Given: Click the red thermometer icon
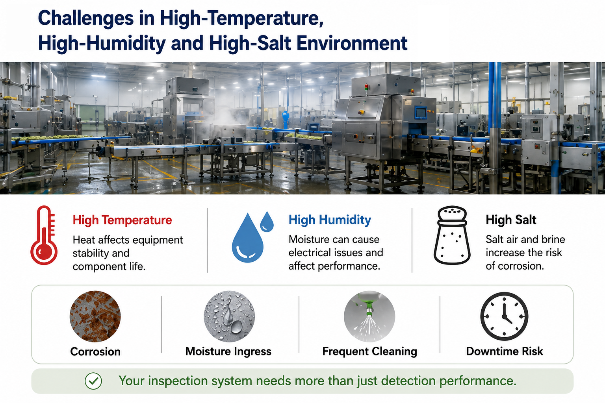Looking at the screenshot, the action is point(44,235).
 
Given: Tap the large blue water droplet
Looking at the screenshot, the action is point(247,238).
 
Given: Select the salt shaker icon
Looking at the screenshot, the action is point(452,235).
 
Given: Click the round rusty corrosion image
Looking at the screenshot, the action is point(95,316).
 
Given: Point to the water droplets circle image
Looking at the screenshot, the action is point(229,316).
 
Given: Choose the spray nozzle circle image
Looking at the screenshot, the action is point(369,316).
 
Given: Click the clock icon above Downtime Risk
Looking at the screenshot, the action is point(504,316).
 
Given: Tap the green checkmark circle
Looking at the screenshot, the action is point(93,381).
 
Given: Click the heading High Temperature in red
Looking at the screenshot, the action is point(122,220).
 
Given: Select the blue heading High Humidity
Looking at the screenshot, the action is point(330,220).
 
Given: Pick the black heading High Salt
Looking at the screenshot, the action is point(511,220).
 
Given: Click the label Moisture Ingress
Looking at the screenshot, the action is point(228,351).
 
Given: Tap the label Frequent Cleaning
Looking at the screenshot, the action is point(369,351).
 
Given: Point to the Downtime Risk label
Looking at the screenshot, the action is point(504,351).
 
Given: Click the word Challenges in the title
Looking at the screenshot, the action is point(86,18).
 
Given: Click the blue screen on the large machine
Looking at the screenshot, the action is point(420,113).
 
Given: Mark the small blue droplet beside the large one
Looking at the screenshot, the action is point(267,222).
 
